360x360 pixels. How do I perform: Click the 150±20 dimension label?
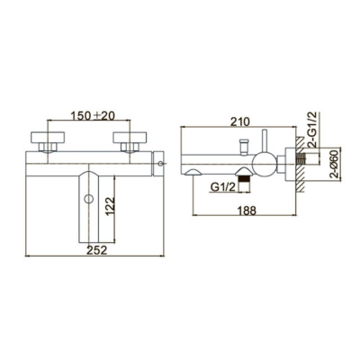tap(93, 115)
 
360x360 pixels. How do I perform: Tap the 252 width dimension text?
tap(97, 250)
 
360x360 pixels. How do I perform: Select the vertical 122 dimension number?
tap(111, 206)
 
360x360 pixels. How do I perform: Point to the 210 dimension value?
tap(239, 121)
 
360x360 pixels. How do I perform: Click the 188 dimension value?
tap(247, 211)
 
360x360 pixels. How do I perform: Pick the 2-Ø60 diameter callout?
tap(334, 164)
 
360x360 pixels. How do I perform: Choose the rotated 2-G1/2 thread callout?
tap(313, 129)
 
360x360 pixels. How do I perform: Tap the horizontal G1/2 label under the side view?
tap(220, 187)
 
